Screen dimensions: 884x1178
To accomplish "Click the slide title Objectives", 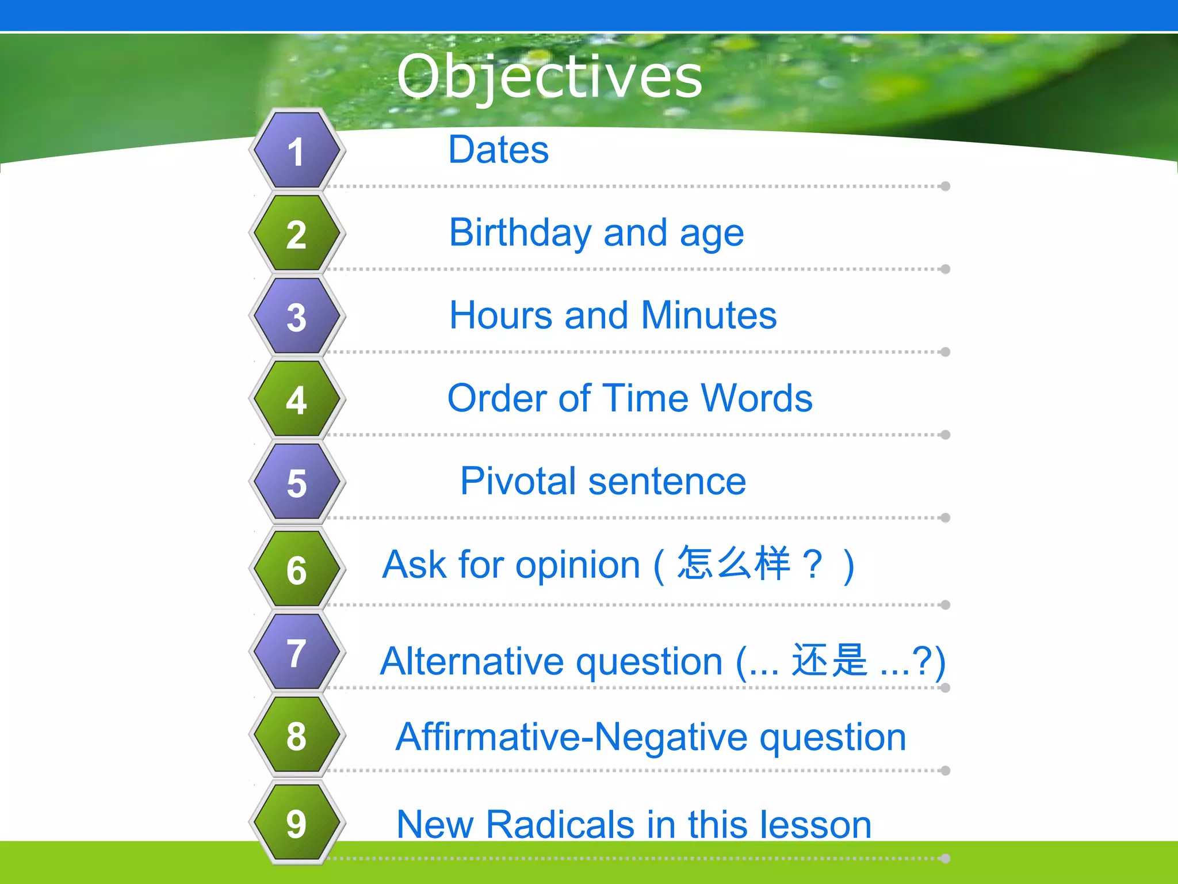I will (549, 77).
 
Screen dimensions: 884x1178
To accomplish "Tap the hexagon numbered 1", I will (297, 151).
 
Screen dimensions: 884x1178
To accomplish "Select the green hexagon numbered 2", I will (297, 234).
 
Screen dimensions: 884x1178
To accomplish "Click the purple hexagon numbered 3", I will (297, 317).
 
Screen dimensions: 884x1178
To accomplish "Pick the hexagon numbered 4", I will (297, 399).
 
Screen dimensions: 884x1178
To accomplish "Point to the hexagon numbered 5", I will (297, 482).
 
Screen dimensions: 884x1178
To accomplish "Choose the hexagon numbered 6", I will (297, 569).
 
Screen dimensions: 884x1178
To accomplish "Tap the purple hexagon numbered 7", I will (297, 652).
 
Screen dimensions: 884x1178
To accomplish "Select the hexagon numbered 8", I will (297, 735).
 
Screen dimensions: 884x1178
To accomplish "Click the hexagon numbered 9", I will (297, 822).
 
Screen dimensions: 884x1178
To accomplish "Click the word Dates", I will (498, 150).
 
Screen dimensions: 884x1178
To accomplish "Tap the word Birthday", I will (520, 233).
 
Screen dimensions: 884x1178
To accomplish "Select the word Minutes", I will (709, 315).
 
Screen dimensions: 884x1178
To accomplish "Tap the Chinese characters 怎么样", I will (733, 563).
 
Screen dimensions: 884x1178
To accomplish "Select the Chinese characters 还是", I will (829, 660).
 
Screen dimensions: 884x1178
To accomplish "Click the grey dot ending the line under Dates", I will (944, 186).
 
